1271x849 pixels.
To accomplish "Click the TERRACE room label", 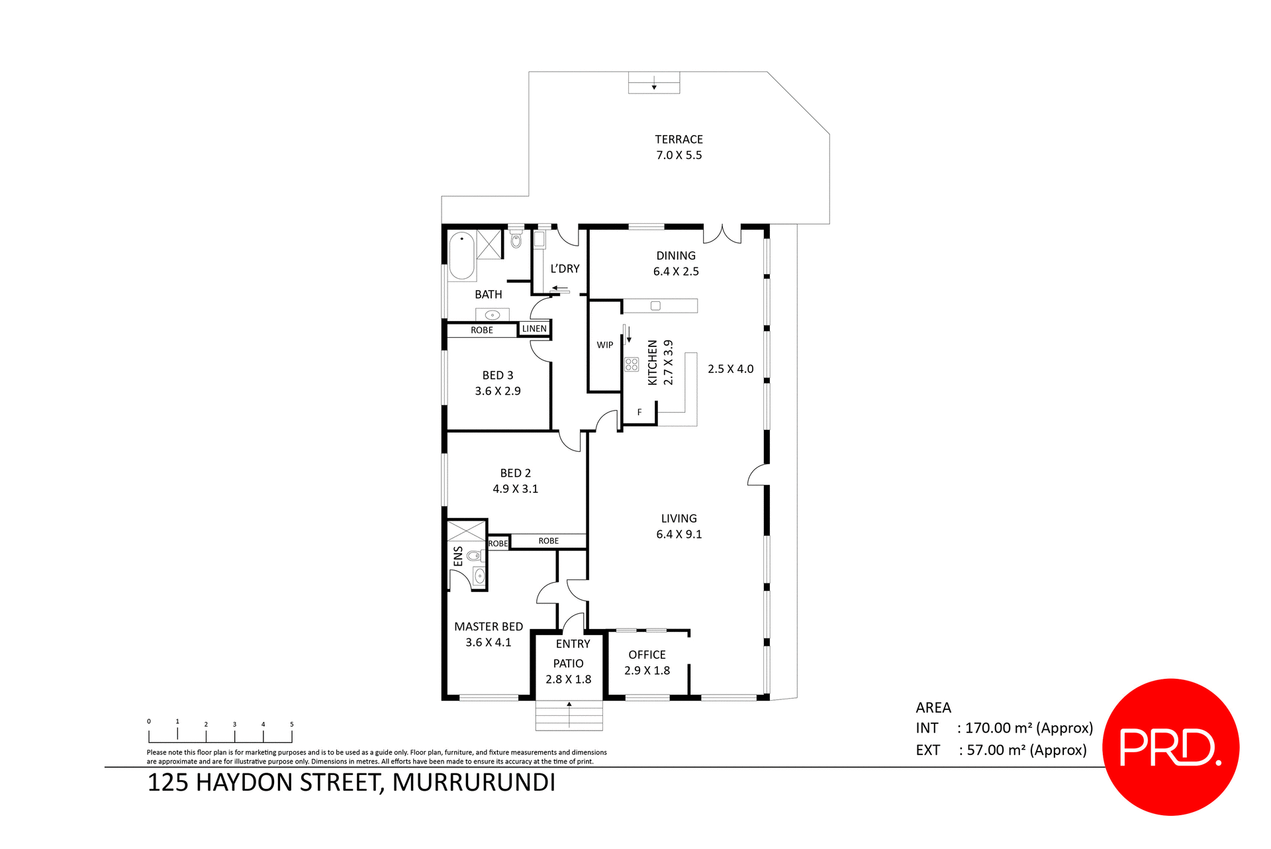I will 679,139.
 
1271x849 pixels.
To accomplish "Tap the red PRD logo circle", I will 1170,747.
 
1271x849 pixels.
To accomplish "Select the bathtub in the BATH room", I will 462,256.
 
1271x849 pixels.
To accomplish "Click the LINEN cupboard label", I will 534,328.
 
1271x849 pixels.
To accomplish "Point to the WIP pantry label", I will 604,345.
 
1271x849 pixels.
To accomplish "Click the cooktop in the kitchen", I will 632,364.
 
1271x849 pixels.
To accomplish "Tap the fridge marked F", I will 639,412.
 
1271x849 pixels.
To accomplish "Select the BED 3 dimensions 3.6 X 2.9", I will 498,391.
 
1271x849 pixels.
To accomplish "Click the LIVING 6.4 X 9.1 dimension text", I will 679,534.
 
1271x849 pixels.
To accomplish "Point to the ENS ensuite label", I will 458,556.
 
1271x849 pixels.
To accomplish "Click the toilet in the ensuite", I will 474,555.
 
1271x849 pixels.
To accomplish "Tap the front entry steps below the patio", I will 569,716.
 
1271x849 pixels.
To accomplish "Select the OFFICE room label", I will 647,654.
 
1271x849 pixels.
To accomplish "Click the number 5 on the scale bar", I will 291,724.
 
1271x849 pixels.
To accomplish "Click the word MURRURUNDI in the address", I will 473,782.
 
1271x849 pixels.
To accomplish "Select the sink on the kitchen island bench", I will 655,305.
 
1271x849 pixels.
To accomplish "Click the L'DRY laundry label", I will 565,268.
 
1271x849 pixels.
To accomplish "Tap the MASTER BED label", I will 489,626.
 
